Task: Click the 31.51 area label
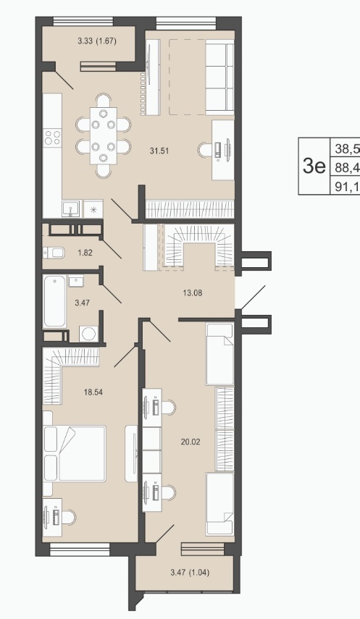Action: tap(159, 151)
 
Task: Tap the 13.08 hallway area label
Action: tap(193, 293)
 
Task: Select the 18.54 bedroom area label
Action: tap(93, 392)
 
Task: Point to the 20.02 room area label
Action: tap(191, 442)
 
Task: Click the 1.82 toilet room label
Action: tap(85, 253)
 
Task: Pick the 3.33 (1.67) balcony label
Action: tap(97, 41)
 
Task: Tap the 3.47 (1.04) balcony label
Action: tap(190, 572)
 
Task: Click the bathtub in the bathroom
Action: tap(54, 301)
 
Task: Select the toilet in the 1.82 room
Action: tap(54, 252)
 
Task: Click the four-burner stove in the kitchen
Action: tap(53, 138)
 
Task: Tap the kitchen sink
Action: tap(72, 209)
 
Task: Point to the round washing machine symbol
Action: tap(88, 334)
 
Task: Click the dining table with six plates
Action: tap(104, 135)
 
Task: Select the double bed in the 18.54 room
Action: tap(75, 454)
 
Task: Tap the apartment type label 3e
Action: tap(314, 166)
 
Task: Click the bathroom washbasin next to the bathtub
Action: tap(76, 282)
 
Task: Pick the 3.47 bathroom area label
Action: tap(83, 303)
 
